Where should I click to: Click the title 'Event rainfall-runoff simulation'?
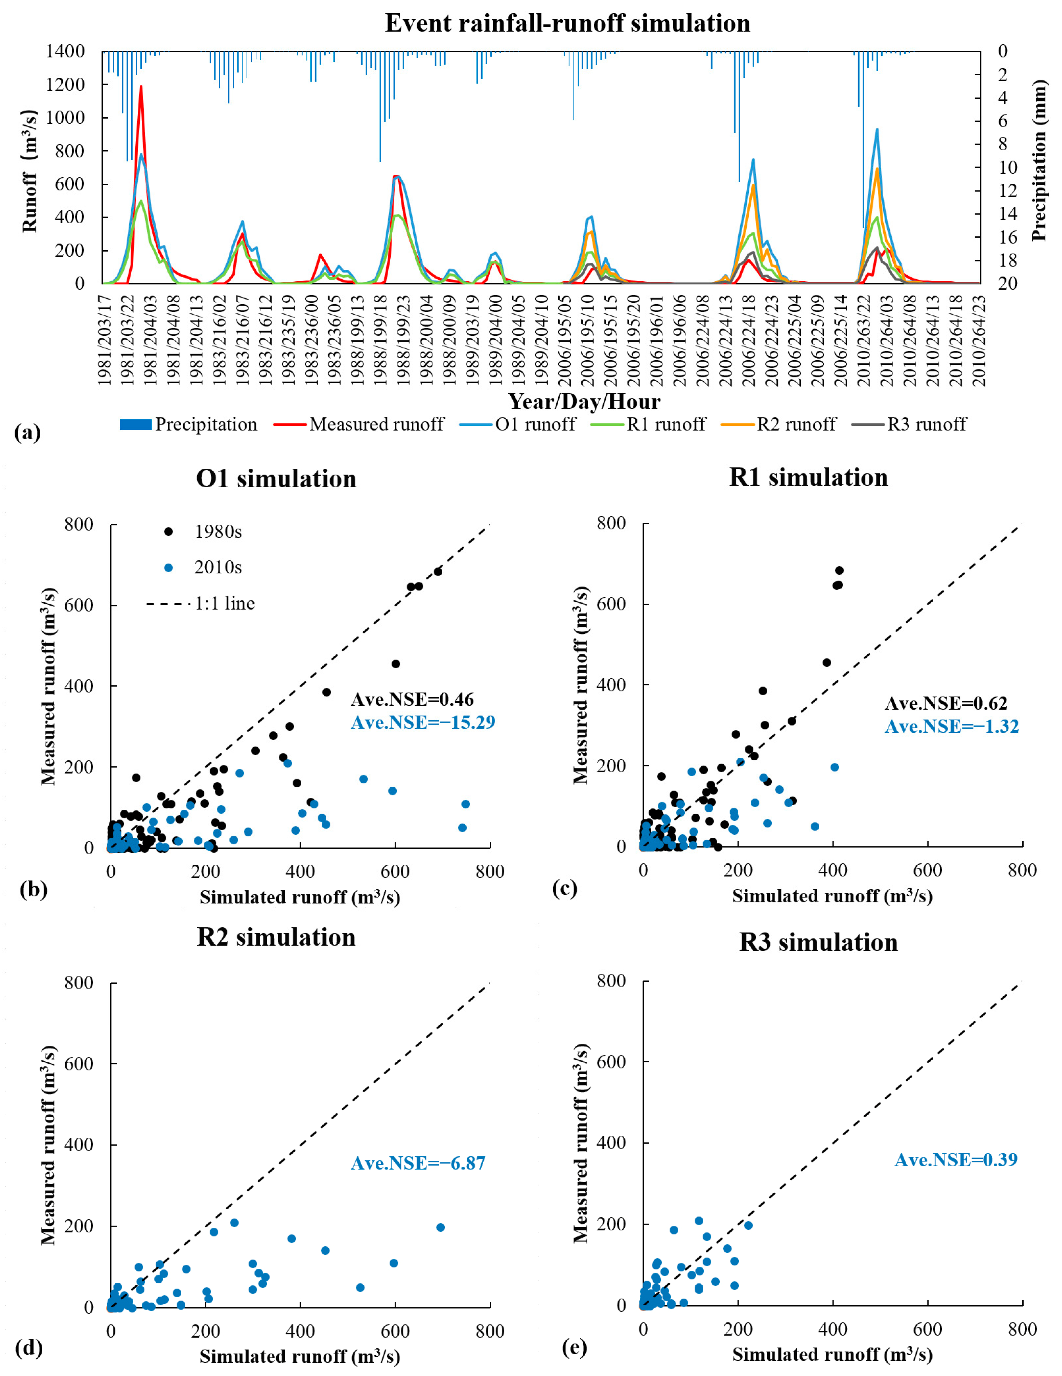tap(567, 23)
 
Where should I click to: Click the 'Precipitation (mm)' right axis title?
tap(1039, 160)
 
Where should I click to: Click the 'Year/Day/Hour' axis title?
tap(585, 401)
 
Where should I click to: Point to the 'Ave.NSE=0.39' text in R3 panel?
tap(956, 1159)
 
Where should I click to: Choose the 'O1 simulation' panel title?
tap(277, 479)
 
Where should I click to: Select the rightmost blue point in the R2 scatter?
tap(440, 1227)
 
